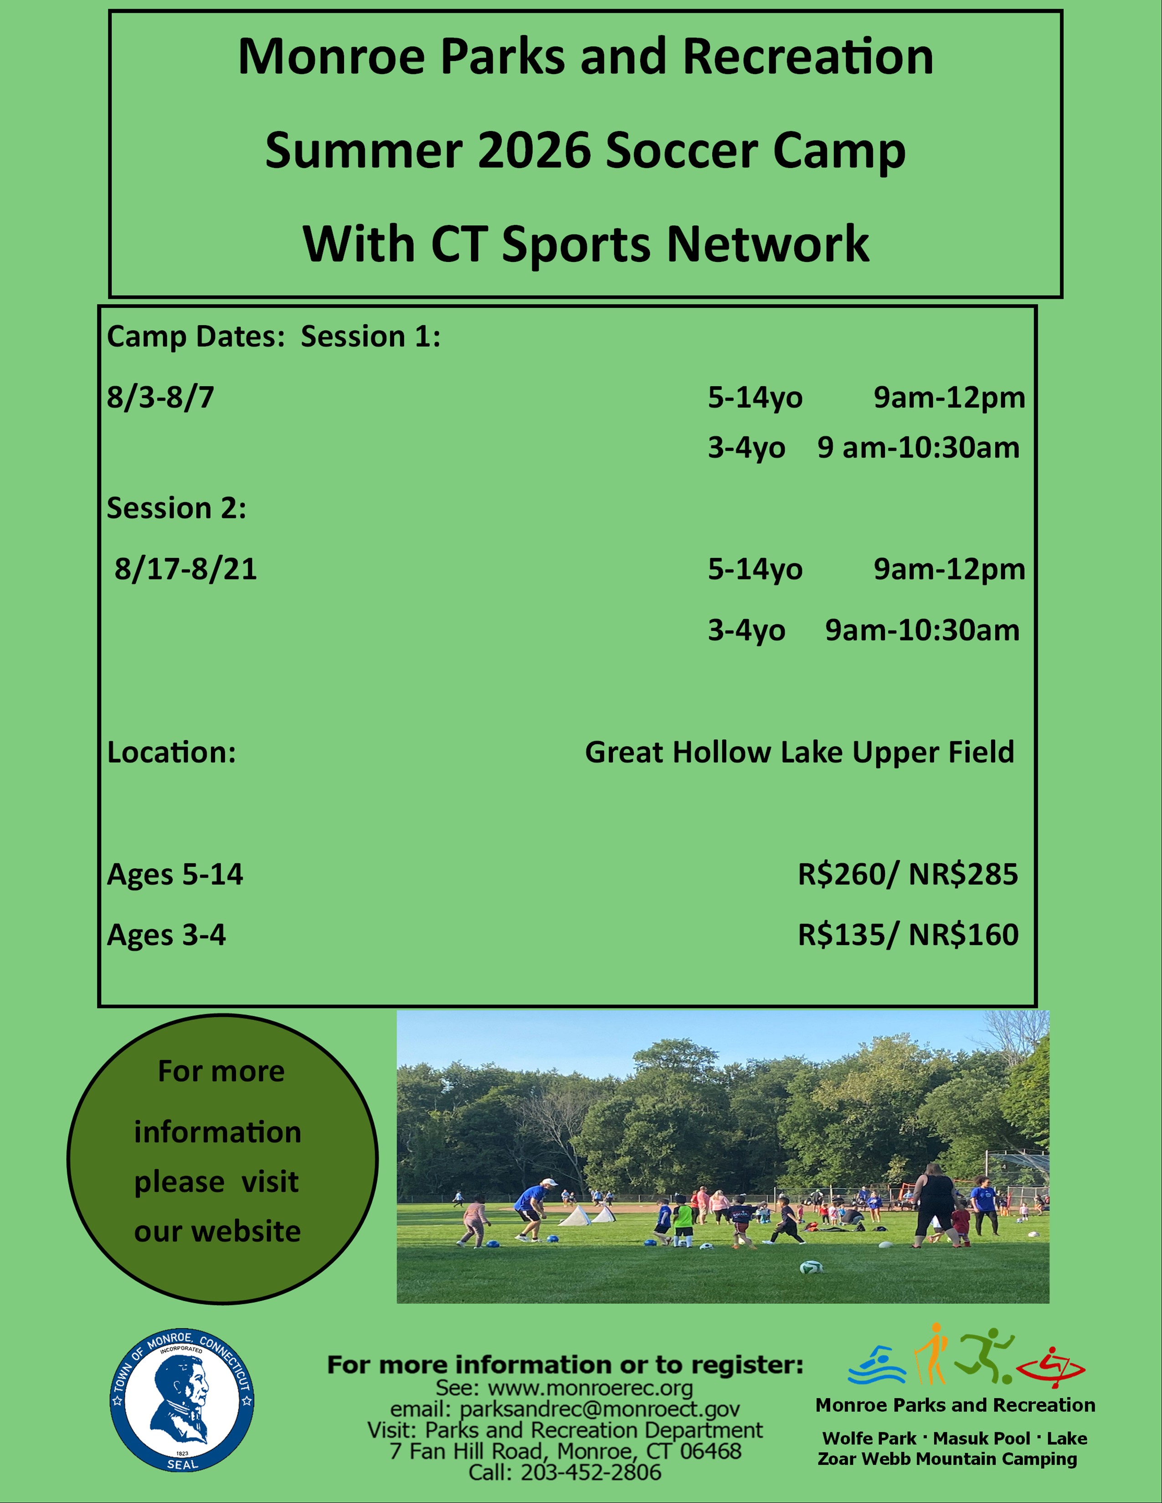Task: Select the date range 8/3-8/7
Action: point(160,398)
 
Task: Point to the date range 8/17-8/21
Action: point(186,569)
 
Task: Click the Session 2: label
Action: point(176,509)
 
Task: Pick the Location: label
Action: point(171,752)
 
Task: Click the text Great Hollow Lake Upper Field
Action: point(799,753)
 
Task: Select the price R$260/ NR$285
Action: point(907,874)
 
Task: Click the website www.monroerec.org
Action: point(590,1389)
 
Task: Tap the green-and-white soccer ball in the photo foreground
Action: point(812,1266)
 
